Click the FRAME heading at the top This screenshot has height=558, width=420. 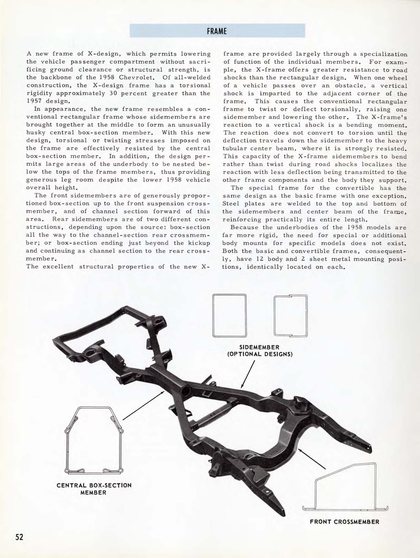[217, 31]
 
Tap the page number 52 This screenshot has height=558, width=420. [19, 537]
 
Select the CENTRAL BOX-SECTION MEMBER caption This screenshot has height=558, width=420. [94, 489]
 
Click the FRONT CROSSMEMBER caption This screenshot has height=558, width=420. [344, 522]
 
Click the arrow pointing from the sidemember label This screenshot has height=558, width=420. [247, 375]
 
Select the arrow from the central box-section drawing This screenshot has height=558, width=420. [143, 405]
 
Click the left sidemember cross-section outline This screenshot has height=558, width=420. [229, 315]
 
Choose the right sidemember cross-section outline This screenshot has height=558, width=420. [291, 315]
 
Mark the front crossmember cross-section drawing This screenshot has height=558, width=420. [345, 487]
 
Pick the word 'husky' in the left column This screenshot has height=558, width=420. [35, 133]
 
